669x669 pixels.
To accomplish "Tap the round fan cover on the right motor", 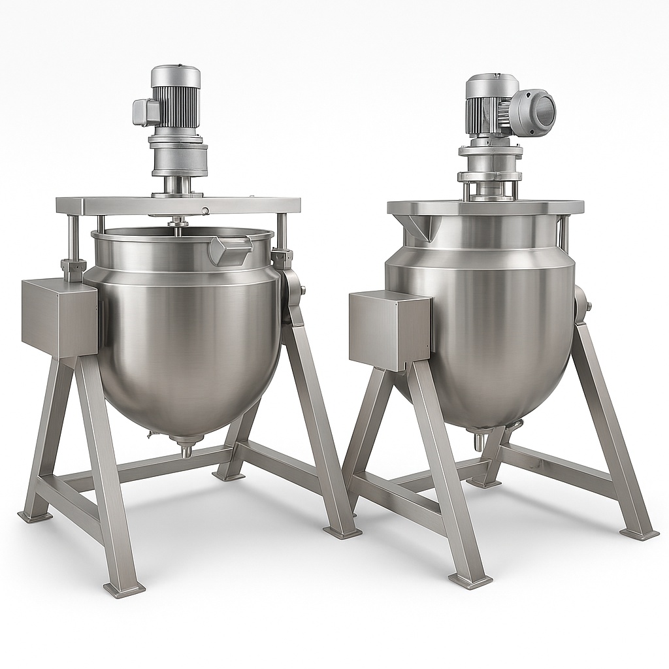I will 534,112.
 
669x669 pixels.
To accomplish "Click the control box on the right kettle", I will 389,330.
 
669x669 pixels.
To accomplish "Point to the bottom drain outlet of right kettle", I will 479,441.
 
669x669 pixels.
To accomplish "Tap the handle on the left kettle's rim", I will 230,250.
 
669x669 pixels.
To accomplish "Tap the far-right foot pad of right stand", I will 639,534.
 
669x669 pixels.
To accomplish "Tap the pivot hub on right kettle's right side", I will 581,302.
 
